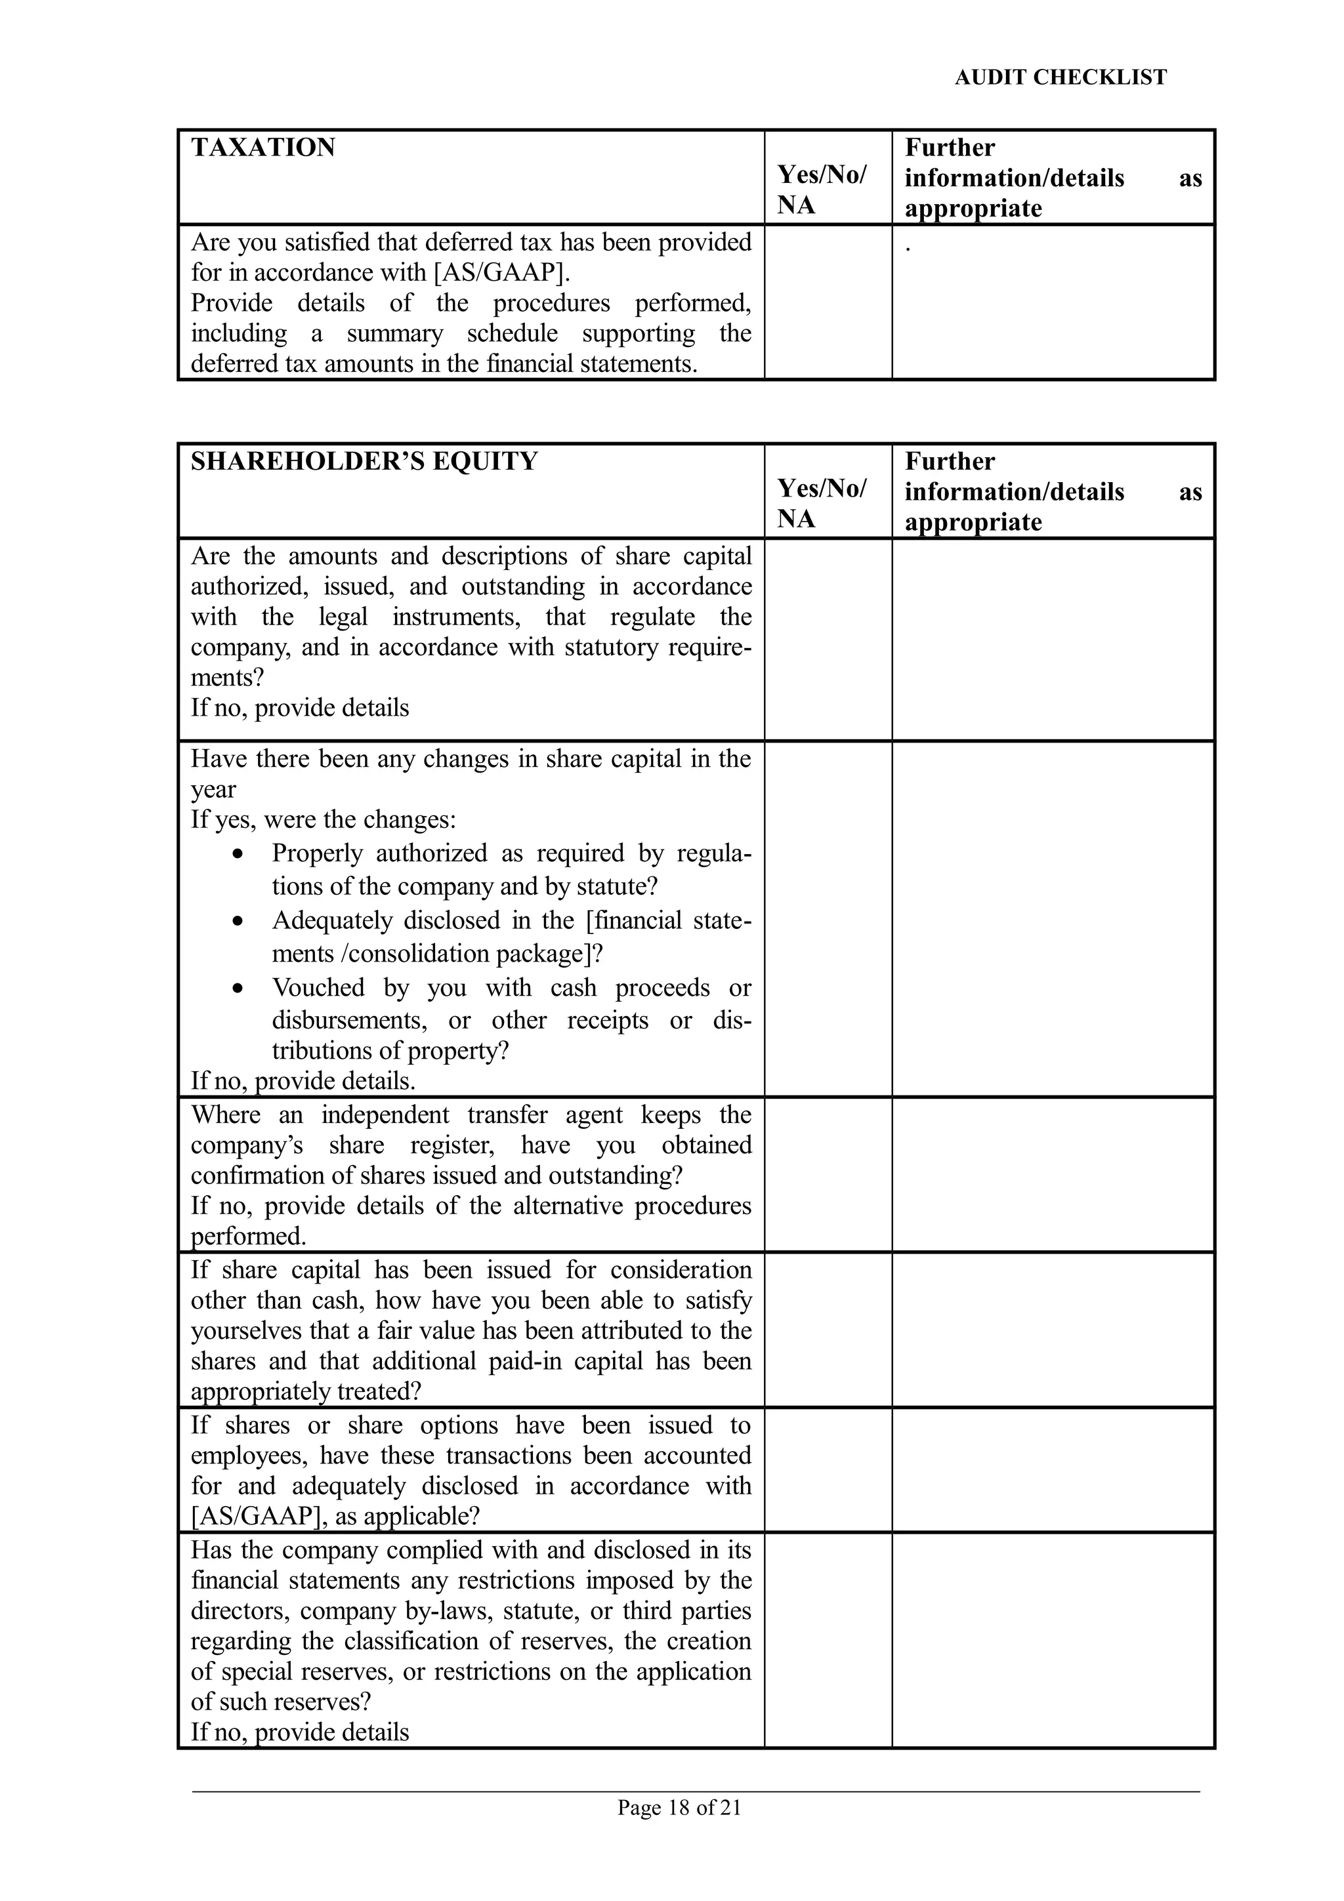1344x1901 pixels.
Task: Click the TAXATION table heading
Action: click(x=262, y=148)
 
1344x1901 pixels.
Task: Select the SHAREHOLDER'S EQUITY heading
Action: click(x=364, y=461)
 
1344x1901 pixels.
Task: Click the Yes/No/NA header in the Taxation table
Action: click(x=821, y=190)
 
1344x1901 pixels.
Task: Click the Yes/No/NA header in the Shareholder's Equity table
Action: click(x=821, y=503)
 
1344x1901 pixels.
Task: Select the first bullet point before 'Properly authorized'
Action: click(x=238, y=853)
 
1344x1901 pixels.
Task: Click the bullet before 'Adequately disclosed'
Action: click(x=238, y=921)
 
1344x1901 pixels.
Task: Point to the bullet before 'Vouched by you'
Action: click(x=238, y=988)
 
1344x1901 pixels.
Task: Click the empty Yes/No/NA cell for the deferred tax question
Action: click(x=828, y=302)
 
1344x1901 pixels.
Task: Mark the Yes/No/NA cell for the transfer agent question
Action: click(x=828, y=1174)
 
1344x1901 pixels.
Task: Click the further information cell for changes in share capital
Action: click(x=1053, y=919)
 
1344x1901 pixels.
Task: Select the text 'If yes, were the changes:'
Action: click(x=323, y=820)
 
